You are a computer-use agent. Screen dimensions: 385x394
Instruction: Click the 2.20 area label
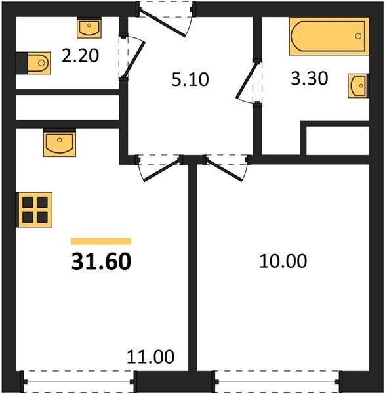[80, 56]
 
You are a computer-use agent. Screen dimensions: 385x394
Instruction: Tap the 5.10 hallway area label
[190, 79]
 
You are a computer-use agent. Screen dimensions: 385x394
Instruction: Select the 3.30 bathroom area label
[310, 78]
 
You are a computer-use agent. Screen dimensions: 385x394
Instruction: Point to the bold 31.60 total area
[101, 261]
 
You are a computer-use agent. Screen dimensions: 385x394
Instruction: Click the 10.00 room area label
[283, 261]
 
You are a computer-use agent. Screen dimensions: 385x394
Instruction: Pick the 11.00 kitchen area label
[150, 357]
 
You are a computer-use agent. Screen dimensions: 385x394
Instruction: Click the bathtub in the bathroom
[329, 36]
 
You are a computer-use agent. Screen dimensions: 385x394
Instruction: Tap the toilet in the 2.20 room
[33, 63]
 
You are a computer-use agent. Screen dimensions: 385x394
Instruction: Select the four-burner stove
[34, 209]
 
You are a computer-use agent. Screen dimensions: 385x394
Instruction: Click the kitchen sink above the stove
[60, 142]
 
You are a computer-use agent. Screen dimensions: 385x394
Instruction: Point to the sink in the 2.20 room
[89, 28]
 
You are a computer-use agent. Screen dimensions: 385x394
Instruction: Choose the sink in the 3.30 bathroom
[358, 85]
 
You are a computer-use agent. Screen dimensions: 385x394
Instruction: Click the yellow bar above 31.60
[101, 241]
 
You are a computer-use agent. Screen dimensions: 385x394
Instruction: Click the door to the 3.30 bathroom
[247, 80]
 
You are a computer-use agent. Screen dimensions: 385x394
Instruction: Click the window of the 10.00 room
[277, 382]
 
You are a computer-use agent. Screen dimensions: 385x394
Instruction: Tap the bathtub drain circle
[358, 36]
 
